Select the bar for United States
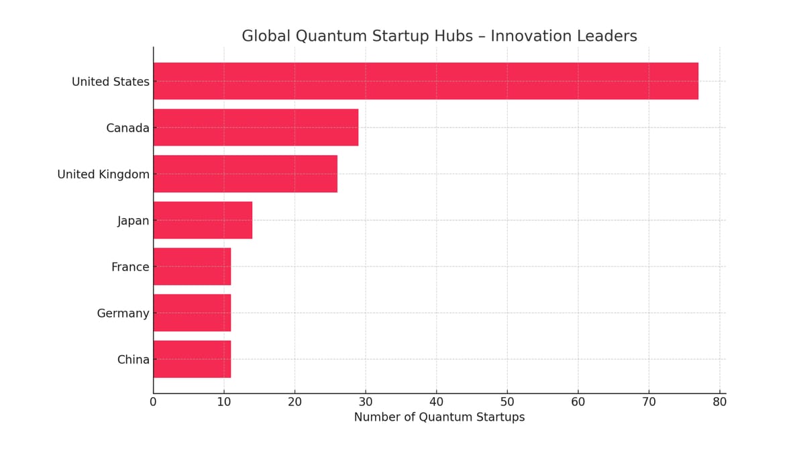(425, 81)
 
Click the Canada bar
(256, 128)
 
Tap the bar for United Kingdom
(245, 174)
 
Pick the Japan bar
(203, 220)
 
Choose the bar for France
(192, 266)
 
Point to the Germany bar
(192, 313)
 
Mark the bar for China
(192, 359)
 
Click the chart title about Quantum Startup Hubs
(439, 36)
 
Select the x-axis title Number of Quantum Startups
(439, 417)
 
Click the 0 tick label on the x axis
(153, 402)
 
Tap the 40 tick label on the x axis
(436, 402)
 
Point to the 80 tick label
(719, 402)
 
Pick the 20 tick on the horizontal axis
(294, 402)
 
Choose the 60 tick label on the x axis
(578, 402)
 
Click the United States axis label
(110, 82)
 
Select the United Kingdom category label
(103, 174)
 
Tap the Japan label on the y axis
(133, 221)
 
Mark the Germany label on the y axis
(123, 313)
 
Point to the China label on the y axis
(133, 360)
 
